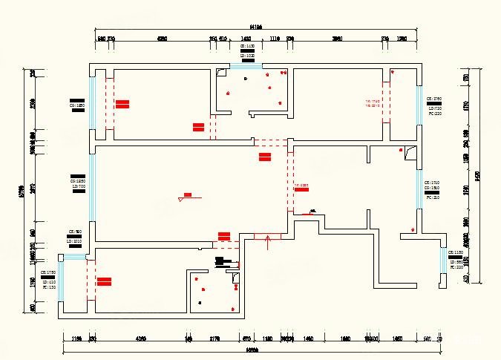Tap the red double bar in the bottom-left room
(x=104, y=281)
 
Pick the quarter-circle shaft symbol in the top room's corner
(x=221, y=72)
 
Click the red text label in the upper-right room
(x=372, y=103)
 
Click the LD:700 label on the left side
(x=79, y=186)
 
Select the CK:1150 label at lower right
(x=456, y=253)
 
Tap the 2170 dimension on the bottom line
(x=215, y=338)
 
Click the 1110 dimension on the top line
(x=274, y=38)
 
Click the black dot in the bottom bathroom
(x=201, y=302)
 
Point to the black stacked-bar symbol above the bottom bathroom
(x=220, y=261)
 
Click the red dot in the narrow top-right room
(x=393, y=73)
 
